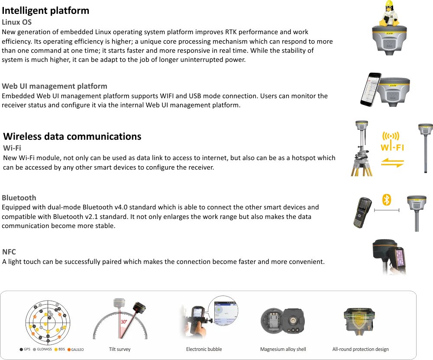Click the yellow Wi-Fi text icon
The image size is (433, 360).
point(393,142)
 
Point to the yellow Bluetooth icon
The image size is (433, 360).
point(387,200)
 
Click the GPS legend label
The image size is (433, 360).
point(27,349)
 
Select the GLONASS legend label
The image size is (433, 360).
point(44,349)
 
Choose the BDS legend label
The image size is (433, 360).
point(61,349)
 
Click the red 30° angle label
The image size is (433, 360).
point(123,322)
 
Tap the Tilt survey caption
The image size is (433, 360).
point(120,349)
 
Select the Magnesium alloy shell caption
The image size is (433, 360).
point(283,349)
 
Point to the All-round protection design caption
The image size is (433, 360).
point(360,349)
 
